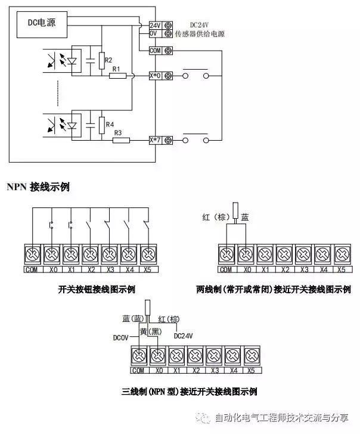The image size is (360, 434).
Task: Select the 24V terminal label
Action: tap(155, 26)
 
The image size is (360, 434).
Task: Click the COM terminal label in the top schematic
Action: tap(155, 50)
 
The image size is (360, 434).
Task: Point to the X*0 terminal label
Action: tap(155, 76)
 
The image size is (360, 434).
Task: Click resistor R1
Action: tap(118, 76)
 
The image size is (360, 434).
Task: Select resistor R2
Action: tap(100, 60)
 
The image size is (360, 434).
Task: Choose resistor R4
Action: tap(100, 125)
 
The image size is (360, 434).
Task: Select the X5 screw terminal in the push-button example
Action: tap(146, 253)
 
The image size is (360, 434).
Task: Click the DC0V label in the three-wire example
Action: tap(122, 336)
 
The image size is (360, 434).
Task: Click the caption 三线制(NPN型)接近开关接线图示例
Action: tap(188, 392)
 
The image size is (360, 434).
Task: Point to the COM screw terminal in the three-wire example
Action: tap(138, 356)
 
